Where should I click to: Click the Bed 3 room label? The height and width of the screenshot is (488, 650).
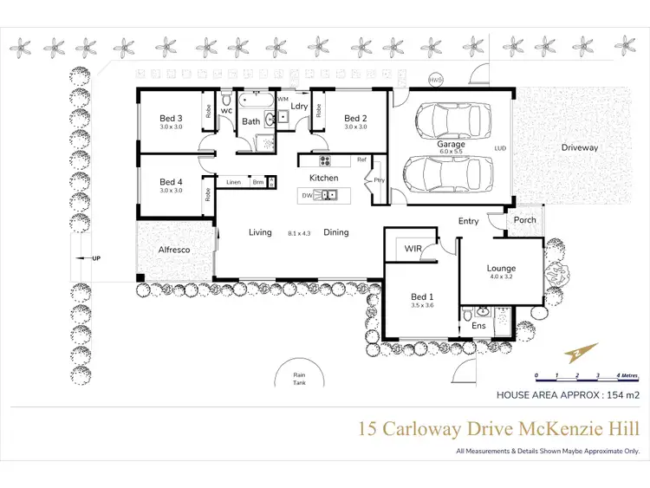click(171, 119)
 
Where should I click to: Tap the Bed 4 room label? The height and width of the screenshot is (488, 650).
click(171, 183)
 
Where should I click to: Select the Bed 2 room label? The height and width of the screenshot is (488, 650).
click(355, 119)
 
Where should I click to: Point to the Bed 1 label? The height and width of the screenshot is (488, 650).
click(421, 297)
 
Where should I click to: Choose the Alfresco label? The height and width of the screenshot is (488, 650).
click(173, 250)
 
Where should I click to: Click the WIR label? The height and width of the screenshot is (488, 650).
click(413, 249)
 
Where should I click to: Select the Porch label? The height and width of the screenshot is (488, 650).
click(525, 220)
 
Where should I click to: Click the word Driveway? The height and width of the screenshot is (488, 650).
click(580, 148)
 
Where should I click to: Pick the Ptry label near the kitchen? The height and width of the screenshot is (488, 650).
click(379, 180)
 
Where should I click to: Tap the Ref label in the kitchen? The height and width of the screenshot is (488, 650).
click(362, 159)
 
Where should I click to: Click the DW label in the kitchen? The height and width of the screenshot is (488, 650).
click(306, 196)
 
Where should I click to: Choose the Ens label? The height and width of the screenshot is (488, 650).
click(479, 326)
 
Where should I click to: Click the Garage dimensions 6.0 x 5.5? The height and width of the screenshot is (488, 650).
click(451, 153)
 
